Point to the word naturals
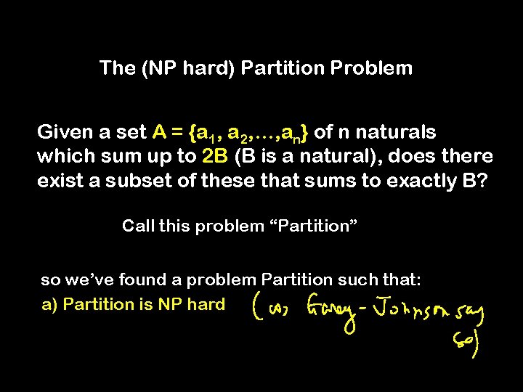(396, 132)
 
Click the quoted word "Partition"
(314, 226)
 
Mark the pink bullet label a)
(49, 305)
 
